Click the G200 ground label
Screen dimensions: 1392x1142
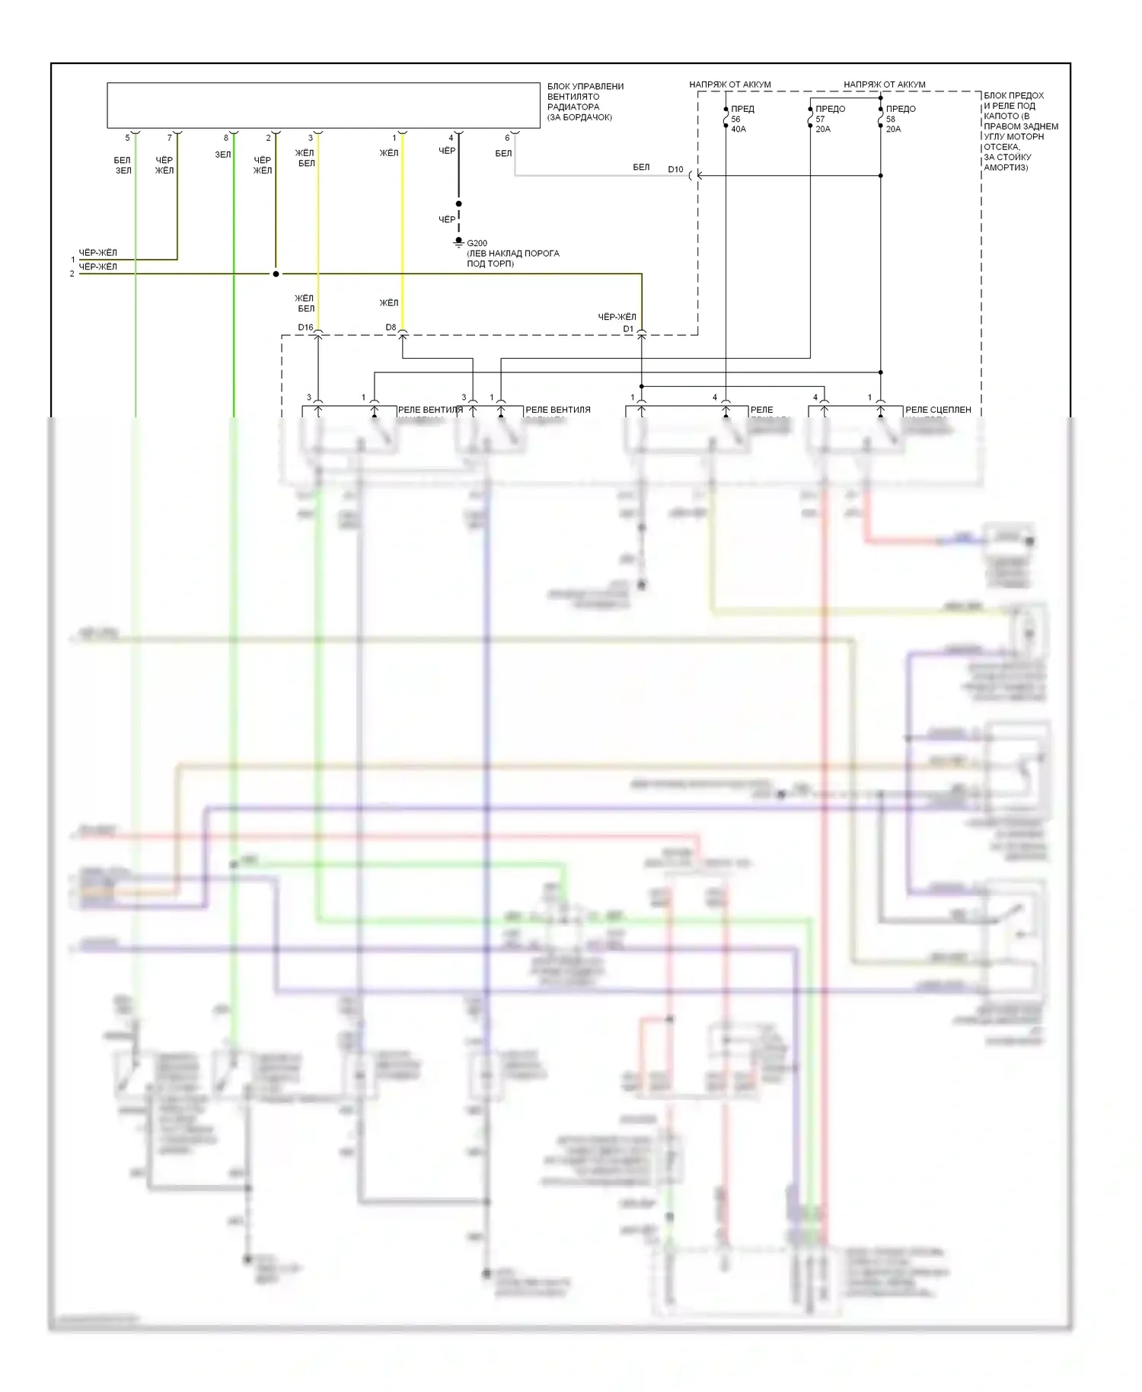pos(477,243)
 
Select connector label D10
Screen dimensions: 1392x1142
pos(675,170)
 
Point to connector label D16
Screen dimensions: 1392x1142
pos(305,327)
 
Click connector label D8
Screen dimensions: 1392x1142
pos(391,327)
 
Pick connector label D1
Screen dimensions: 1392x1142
pos(628,329)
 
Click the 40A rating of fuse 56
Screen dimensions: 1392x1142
pos(738,129)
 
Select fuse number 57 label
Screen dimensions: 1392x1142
pos(820,120)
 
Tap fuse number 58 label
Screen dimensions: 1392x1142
pos(891,120)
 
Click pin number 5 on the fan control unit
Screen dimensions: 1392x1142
pos(127,138)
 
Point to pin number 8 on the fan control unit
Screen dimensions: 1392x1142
pos(225,138)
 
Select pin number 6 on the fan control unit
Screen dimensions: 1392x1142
pos(507,138)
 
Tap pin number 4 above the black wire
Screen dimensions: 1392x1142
pos(451,138)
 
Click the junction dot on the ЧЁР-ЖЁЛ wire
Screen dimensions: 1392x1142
pos(276,274)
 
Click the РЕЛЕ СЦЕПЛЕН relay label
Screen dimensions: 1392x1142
pos(938,410)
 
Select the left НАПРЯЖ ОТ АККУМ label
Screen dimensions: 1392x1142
pos(729,85)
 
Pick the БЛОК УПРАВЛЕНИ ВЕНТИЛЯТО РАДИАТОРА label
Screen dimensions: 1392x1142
pos(584,101)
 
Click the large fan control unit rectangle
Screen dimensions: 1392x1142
pos(324,105)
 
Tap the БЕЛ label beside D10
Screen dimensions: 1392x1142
pos(641,167)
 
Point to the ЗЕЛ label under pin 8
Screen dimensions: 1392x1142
pos(222,155)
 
